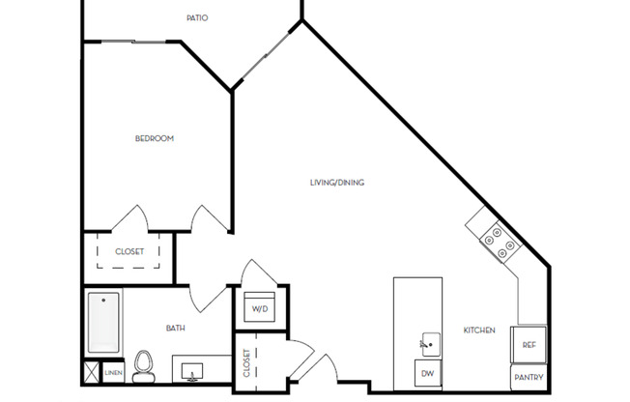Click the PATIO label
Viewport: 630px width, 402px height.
(196, 17)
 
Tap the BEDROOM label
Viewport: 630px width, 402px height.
(154, 138)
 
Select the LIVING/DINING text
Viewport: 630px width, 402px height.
(336, 183)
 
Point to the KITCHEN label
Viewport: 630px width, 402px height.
(479, 330)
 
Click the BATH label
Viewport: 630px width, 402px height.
(175, 329)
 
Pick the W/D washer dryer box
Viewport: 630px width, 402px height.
(260, 308)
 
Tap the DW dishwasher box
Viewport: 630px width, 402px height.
(426, 373)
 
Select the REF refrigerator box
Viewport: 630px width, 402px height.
(530, 344)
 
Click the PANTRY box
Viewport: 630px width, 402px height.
(529, 377)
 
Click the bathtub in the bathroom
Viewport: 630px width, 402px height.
(102, 323)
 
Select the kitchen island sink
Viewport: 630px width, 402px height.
(429, 341)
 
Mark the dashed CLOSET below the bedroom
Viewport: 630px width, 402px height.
(129, 252)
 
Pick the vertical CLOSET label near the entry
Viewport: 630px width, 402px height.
(247, 362)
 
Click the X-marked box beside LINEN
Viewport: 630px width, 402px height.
(92, 372)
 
